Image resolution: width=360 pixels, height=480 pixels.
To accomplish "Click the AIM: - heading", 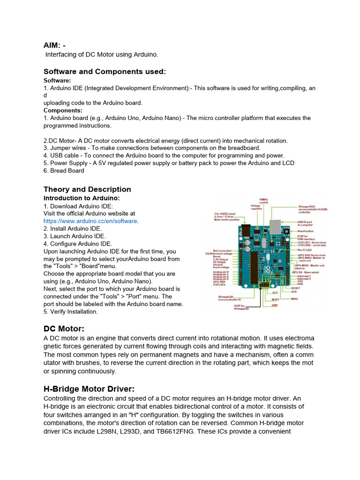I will pos(55,45).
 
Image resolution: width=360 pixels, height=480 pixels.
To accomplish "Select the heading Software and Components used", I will pos(105,72).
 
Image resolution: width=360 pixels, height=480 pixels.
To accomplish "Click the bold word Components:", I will pos(63,110).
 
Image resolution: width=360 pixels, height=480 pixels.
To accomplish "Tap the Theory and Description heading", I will pos(87,189).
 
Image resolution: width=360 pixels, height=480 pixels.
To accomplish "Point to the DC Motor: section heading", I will pos(64,329).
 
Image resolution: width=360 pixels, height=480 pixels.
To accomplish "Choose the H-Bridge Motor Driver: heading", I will pos(89,389).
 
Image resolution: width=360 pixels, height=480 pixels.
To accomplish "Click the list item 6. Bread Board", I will pos(64,171).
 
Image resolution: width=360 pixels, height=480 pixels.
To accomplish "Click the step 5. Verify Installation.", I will pos(70,311).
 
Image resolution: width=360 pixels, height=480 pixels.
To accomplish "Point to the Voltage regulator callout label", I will pos(255,208).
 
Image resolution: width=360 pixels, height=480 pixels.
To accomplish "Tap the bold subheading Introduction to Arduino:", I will pos(82,198).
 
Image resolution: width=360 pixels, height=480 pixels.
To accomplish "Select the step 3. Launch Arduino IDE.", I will pos(75,236).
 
